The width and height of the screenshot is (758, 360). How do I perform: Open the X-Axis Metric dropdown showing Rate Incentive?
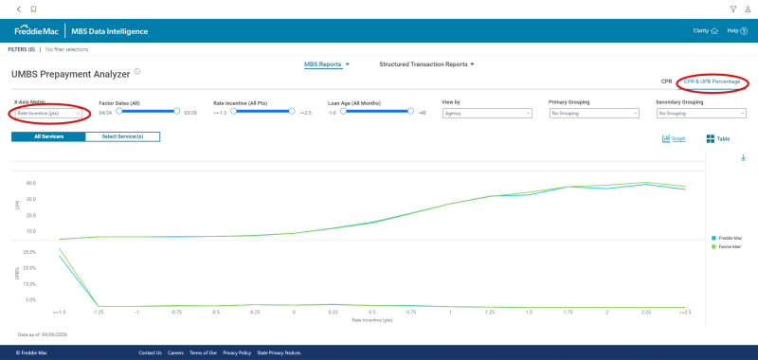pos(49,113)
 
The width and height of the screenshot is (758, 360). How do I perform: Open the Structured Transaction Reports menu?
pos(425,64)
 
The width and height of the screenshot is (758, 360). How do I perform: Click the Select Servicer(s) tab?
pos(122,136)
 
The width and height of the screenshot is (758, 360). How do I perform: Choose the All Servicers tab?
pos(48,136)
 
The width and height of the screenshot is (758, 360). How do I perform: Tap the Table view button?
pos(718,138)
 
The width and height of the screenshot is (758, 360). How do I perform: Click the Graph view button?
pos(674,138)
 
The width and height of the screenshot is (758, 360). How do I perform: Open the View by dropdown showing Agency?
pos(486,113)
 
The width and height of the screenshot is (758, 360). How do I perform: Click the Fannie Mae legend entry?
pos(729,246)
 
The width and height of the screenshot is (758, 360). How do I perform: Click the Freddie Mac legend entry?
pos(729,238)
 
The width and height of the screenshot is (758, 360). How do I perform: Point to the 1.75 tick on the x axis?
pos(567,311)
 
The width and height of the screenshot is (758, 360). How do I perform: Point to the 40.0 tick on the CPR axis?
pos(31,183)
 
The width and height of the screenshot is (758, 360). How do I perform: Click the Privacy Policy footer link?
pos(237,352)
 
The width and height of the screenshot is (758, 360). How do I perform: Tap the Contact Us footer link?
pos(150,352)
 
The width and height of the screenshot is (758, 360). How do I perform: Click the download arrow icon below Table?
pos(743,157)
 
